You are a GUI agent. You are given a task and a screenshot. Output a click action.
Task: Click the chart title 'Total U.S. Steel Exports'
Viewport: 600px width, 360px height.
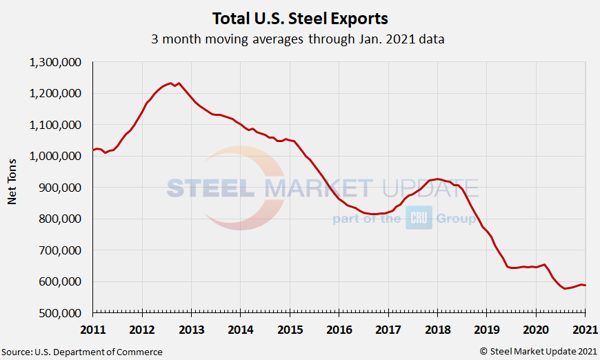tap(299, 17)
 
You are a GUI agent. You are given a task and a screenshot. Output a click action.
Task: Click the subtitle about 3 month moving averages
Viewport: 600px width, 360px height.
tap(298, 39)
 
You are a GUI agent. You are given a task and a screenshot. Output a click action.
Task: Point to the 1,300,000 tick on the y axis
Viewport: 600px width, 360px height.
tap(56, 62)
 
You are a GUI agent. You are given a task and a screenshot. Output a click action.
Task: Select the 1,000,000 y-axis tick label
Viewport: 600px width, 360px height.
tap(56, 156)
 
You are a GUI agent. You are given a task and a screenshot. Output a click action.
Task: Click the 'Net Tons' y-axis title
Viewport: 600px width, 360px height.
tap(12, 188)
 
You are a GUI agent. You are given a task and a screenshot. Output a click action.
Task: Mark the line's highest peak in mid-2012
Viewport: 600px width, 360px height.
tap(170, 83)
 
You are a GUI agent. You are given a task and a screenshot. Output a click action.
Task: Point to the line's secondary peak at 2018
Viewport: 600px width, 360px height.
tap(437, 179)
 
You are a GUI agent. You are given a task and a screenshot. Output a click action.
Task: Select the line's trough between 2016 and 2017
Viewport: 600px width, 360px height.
tap(374, 214)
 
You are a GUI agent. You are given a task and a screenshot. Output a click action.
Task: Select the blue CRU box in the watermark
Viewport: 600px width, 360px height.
tap(418, 218)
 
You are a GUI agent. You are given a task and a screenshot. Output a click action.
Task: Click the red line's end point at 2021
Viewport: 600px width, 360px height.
tap(586, 285)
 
